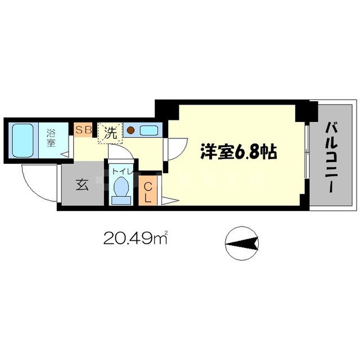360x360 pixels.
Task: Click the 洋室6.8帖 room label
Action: click(236, 152)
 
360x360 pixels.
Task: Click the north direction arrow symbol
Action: click(242, 244)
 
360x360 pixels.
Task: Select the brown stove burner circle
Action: click(130, 130)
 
